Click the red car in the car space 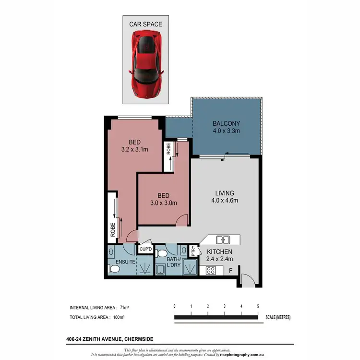pos(145,62)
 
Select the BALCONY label pos(226,123)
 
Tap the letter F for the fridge pos(231,271)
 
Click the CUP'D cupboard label pos(145,250)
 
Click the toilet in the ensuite pos(113,270)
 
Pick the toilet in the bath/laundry pos(161,252)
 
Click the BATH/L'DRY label pos(176,263)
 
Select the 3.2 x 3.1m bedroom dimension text pos(134,150)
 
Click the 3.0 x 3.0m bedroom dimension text pos(163,203)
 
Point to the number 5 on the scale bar pos(258,306)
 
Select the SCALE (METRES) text pos(277,317)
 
